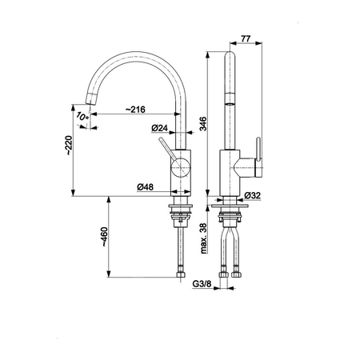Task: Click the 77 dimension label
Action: pos(246,38)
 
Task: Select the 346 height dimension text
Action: pos(203,123)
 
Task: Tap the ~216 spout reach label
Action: pos(135,110)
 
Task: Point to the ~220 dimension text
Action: pos(69,146)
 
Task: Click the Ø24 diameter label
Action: pos(159,128)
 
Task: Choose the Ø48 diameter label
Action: pos(146,187)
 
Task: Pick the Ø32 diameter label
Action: pos(252,195)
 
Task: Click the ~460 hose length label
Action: pos(105,237)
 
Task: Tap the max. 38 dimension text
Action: pos(203,238)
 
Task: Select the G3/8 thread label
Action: pos(202,284)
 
